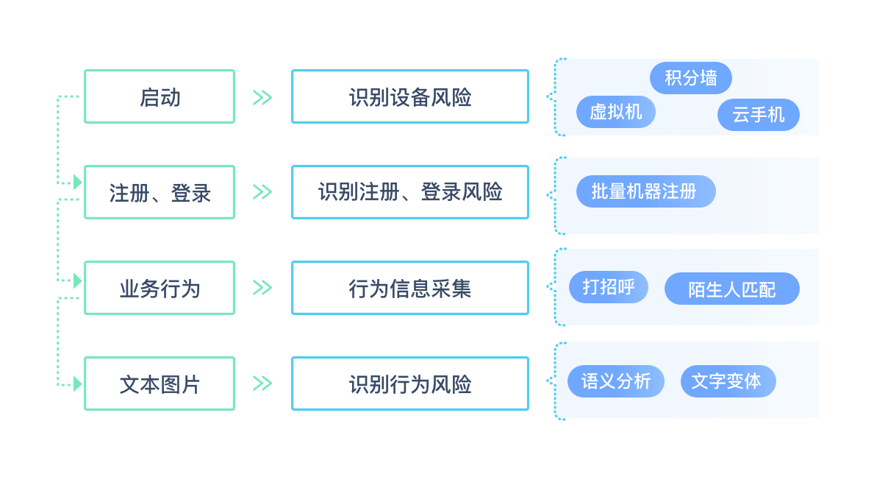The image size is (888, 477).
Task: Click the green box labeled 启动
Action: tap(160, 96)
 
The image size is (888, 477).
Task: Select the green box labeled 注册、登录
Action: tap(160, 192)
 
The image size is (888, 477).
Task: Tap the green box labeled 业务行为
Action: tap(160, 288)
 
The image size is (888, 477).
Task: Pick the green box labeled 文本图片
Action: tap(160, 384)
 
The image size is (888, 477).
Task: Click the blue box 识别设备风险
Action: tap(409, 96)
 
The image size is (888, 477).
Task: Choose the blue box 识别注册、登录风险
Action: tap(409, 192)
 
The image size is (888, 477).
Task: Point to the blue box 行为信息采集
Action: tap(409, 288)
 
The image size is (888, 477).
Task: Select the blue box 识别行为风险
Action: tap(409, 384)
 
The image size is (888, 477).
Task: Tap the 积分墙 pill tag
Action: tap(691, 78)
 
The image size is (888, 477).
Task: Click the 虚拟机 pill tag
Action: tap(616, 112)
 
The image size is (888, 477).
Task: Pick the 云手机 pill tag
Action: tap(758, 115)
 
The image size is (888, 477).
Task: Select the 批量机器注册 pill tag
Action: tap(644, 191)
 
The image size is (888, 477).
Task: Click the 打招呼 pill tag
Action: tap(608, 286)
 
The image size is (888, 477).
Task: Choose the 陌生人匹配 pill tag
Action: tap(731, 289)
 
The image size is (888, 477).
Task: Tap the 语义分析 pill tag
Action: tap(616, 381)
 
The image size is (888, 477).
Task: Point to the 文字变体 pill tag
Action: tap(727, 381)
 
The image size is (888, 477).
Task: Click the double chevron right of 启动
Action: tap(262, 97)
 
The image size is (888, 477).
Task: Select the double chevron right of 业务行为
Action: tap(262, 288)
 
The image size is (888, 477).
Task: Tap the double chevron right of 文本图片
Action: tap(262, 384)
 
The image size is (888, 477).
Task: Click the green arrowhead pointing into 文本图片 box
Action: tap(78, 384)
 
